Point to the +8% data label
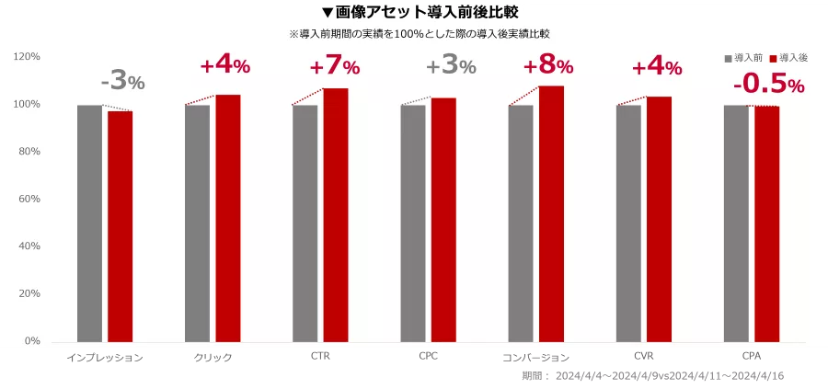548,66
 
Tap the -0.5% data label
768,85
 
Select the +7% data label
335,67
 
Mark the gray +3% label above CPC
451,66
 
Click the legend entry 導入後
788,57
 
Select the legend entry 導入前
744,57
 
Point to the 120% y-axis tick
27,57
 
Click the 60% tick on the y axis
29,199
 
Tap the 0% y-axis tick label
31,341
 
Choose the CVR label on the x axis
644,355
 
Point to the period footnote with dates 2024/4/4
652,375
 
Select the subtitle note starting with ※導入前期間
420,34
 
